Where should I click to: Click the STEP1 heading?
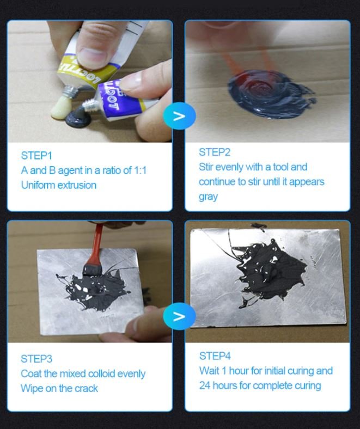pyautogui.click(x=36, y=155)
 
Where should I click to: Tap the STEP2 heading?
pyautogui.click(x=215, y=152)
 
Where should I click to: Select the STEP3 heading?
pyautogui.click(x=36, y=359)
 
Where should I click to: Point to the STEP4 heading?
pyautogui.click(x=215, y=356)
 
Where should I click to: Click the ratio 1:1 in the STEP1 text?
pyautogui.click(x=140, y=170)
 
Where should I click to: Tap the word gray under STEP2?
pyautogui.click(x=208, y=197)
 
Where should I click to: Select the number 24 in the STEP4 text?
pyautogui.click(x=205, y=385)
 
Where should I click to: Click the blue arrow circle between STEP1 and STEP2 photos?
pyautogui.click(x=179, y=116)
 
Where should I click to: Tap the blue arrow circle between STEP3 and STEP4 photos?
pyautogui.click(x=179, y=316)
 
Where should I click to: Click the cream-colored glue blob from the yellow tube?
pyautogui.click(x=60, y=108)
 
